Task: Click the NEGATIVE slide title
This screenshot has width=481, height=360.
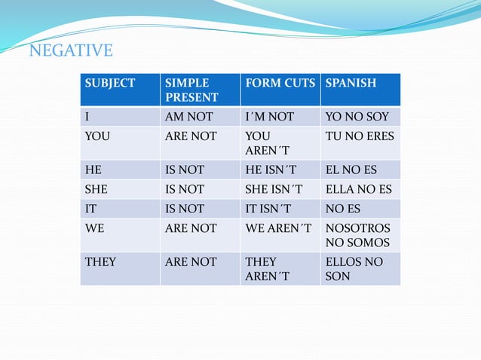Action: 70,51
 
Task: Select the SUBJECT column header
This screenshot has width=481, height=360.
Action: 109,83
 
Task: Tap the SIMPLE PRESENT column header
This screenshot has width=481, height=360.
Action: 191,90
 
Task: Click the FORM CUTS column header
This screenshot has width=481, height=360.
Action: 280,83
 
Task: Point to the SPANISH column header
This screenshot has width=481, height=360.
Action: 351,83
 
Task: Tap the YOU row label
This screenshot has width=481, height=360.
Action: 97,136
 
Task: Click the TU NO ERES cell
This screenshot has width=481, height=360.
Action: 359,136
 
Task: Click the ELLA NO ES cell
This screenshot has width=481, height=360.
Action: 358,189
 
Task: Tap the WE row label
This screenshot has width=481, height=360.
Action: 95,227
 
